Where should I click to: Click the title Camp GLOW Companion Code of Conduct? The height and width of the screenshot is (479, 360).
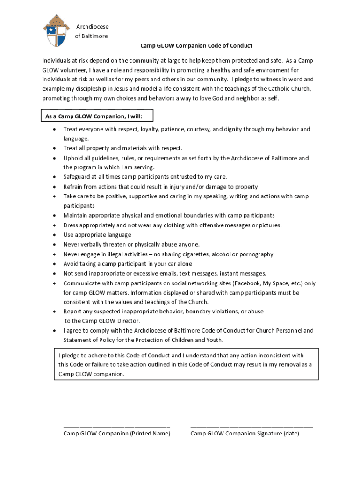[x=196, y=46]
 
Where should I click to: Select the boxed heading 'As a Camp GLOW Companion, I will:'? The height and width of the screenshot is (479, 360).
[x=97, y=116]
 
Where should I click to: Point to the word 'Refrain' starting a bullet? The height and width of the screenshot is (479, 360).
[x=74, y=187]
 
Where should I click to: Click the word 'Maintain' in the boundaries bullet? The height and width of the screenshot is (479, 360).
[x=76, y=216]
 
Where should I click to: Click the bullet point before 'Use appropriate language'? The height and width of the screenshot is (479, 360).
[x=55, y=235]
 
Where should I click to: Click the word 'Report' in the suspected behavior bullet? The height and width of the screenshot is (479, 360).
[x=73, y=312]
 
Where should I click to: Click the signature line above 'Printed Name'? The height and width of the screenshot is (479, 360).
[x=116, y=426]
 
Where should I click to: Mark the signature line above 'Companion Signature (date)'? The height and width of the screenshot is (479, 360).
[x=252, y=426]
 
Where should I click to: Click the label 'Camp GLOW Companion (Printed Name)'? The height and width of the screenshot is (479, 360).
[x=116, y=434]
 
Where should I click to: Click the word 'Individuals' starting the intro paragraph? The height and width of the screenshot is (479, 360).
[x=57, y=61]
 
